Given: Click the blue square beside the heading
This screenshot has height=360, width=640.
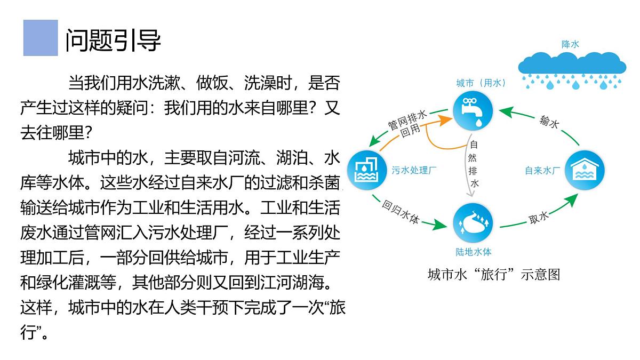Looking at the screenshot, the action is pos(41,38).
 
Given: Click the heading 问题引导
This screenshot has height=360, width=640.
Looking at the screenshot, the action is pos(113,41).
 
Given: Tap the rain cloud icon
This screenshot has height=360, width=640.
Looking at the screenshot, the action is pos(572,70).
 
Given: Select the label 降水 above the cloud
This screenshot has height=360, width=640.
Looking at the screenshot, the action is pos(570,44).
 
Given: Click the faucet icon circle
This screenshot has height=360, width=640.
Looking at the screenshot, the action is pos(473,111).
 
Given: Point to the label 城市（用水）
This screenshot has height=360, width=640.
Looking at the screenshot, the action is pos(481,83).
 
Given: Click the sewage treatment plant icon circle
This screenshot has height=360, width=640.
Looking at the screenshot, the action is pos(367,170).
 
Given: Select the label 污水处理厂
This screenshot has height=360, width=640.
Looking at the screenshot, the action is pos(414,170).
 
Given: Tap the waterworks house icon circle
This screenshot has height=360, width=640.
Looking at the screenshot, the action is pos(585,170).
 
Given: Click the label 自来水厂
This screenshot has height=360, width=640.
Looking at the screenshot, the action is pos(542,171).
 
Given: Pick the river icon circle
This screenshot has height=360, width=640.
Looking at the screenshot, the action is pos(473,223).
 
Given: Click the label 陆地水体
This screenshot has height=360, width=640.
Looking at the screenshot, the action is pos(474,252).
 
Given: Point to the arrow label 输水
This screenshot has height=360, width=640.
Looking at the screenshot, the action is pos(549,122).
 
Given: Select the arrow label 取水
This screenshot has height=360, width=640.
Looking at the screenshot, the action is pos(539,218).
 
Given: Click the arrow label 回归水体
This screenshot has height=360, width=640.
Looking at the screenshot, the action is pos(401,212).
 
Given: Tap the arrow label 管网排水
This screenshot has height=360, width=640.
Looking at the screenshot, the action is pos(407,121).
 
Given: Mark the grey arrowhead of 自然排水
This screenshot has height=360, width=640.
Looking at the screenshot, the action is pos(470,194).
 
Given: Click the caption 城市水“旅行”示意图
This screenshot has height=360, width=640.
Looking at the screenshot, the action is pos(494,275).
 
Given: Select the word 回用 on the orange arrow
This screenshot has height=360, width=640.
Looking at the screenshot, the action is pos(410,131).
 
